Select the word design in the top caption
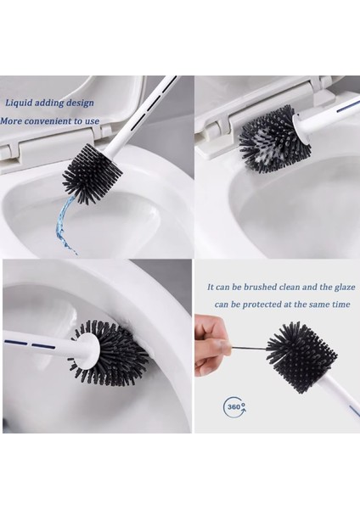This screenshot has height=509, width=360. pos(81,103)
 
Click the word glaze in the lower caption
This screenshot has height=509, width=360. pos(345,288)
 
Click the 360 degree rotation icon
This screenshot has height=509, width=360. pos(235,406)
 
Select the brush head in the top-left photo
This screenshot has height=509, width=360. pos(93,173)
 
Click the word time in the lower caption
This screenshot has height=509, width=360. pos(340,305)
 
